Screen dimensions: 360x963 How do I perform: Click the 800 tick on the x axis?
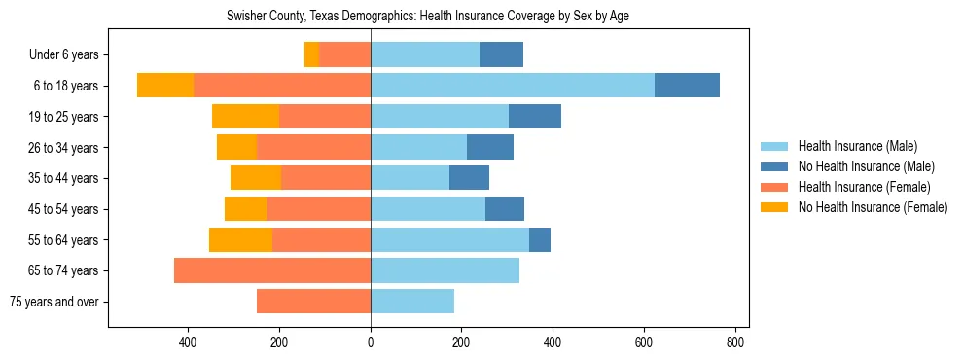click(735, 342)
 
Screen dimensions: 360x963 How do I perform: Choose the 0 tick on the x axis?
click(371, 342)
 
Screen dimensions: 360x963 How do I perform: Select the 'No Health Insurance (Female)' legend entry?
click(873, 207)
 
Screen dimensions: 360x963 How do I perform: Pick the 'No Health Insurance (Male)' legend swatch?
click(774, 166)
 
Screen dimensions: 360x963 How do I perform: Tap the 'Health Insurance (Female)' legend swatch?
click(774, 187)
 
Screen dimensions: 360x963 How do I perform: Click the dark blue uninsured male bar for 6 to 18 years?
click(687, 86)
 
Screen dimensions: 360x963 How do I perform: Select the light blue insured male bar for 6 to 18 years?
click(513, 86)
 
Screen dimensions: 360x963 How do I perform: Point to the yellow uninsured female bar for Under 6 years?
click(311, 54)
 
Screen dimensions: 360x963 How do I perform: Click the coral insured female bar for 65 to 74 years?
click(272, 270)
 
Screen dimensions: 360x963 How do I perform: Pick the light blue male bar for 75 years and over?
click(412, 302)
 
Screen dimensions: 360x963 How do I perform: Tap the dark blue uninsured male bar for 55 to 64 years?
click(540, 239)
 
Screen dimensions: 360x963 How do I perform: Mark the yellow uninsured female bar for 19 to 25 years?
click(245, 117)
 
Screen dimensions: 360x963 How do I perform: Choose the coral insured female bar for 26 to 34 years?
click(313, 147)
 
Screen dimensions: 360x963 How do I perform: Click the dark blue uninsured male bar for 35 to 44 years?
click(469, 178)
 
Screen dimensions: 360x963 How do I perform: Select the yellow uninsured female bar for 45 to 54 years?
click(245, 209)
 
